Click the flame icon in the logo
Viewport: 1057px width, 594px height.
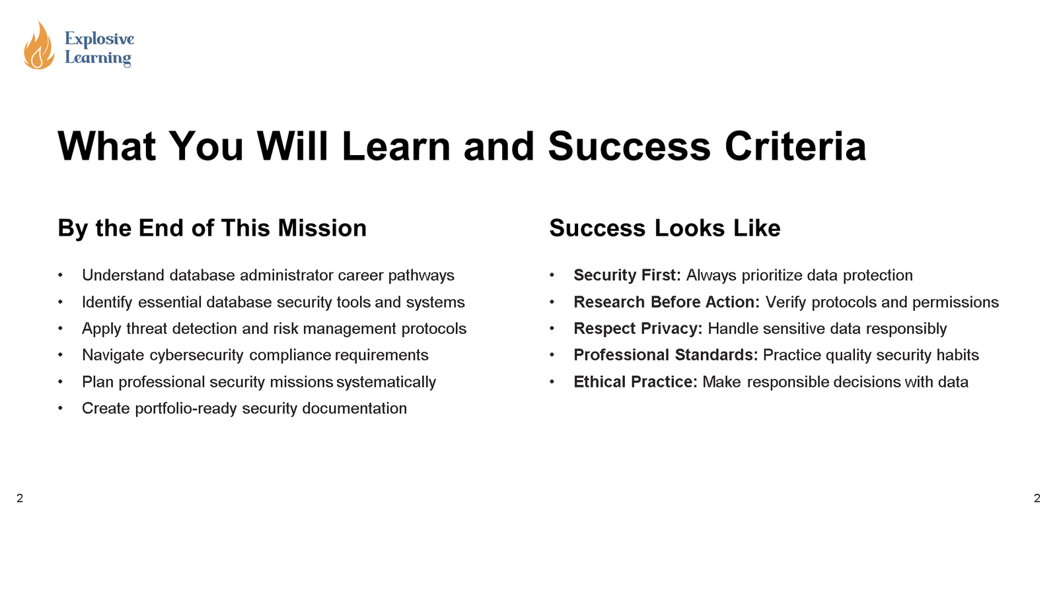tap(38, 46)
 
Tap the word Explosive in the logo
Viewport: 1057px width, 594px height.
tap(99, 39)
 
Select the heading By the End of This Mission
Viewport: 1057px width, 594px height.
tap(212, 228)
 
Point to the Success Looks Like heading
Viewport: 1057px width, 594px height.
tap(665, 228)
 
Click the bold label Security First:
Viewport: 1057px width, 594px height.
tap(627, 275)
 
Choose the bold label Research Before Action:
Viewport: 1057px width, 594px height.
tap(667, 302)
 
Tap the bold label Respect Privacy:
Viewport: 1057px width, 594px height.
tap(638, 329)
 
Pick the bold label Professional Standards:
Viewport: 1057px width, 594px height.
tap(665, 355)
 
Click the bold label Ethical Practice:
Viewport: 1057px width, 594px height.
tap(635, 382)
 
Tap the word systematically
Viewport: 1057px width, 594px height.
tap(386, 382)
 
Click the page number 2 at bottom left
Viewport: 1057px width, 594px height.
tap(20, 498)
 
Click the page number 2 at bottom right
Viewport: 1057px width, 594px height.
tap(1037, 498)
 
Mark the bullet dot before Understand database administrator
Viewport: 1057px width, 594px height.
tap(60, 275)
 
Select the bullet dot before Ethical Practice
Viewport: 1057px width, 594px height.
tap(552, 382)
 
